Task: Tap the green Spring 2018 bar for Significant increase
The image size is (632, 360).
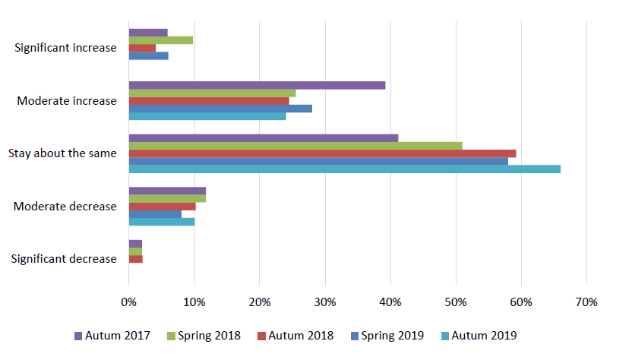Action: pyautogui.click(x=161, y=40)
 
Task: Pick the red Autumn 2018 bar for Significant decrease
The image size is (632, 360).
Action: pyautogui.click(x=136, y=259)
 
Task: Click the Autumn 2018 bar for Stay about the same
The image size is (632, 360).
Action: pyautogui.click(x=322, y=153)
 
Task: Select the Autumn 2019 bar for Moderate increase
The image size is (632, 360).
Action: pyautogui.click(x=207, y=116)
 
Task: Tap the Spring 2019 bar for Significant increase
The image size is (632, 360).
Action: pyautogui.click(x=149, y=55)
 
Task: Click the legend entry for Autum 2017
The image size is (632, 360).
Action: pyautogui.click(x=112, y=335)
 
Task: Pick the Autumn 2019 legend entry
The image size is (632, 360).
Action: pyautogui.click(x=478, y=335)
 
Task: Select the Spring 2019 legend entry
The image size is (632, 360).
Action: pyautogui.click(x=387, y=335)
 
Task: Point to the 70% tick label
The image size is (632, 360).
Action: pyautogui.click(x=586, y=302)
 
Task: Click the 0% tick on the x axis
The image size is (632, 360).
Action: pyautogui.click(x=128, y=302)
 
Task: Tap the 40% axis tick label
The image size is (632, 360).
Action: pyautogui.click(x=390, y=302)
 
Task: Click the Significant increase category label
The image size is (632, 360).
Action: pyautogui.click(x=66, y=48)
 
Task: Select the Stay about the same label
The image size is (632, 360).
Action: pyautogui.click(x=62, y=153)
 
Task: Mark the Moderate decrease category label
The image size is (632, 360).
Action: pyautogui.click(x=65, y=207)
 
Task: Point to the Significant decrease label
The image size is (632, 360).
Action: pyautogui.click(x=64, y=259)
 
